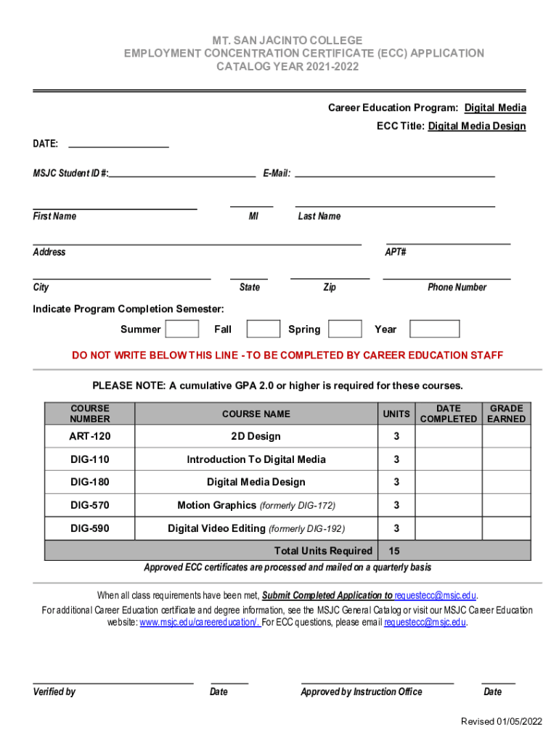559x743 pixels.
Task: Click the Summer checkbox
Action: pos(182,329)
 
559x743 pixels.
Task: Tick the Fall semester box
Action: pos(263,329)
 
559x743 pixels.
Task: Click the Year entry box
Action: pos(434,329)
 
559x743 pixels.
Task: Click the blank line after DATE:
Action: pos(118,144)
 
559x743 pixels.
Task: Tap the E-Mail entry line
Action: pos(394,173)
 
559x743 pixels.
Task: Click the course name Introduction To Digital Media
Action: pos(256,459)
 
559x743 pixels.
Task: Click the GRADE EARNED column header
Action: pos(506,414)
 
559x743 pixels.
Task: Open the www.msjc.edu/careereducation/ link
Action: pos(200,623)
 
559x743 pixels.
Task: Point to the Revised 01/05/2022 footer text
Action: pos(502,721)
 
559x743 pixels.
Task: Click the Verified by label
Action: pos(54,692)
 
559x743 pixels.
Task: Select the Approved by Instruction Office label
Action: pos(361,692)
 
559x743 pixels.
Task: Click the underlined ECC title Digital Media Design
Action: pos(477,126)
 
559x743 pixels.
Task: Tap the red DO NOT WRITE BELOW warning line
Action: pos(287,356)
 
